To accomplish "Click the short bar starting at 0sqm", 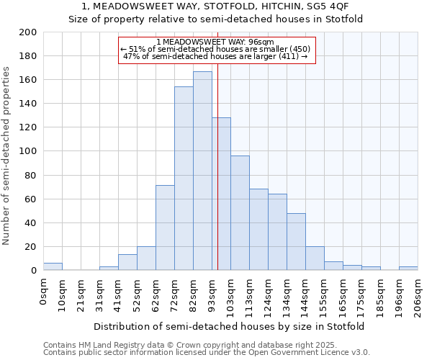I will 53,266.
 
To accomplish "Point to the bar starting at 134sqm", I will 296,242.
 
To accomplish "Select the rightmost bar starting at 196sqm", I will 408,269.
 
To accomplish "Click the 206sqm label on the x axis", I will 418,293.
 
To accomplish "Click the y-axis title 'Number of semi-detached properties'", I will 7,155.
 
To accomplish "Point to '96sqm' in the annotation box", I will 261,42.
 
